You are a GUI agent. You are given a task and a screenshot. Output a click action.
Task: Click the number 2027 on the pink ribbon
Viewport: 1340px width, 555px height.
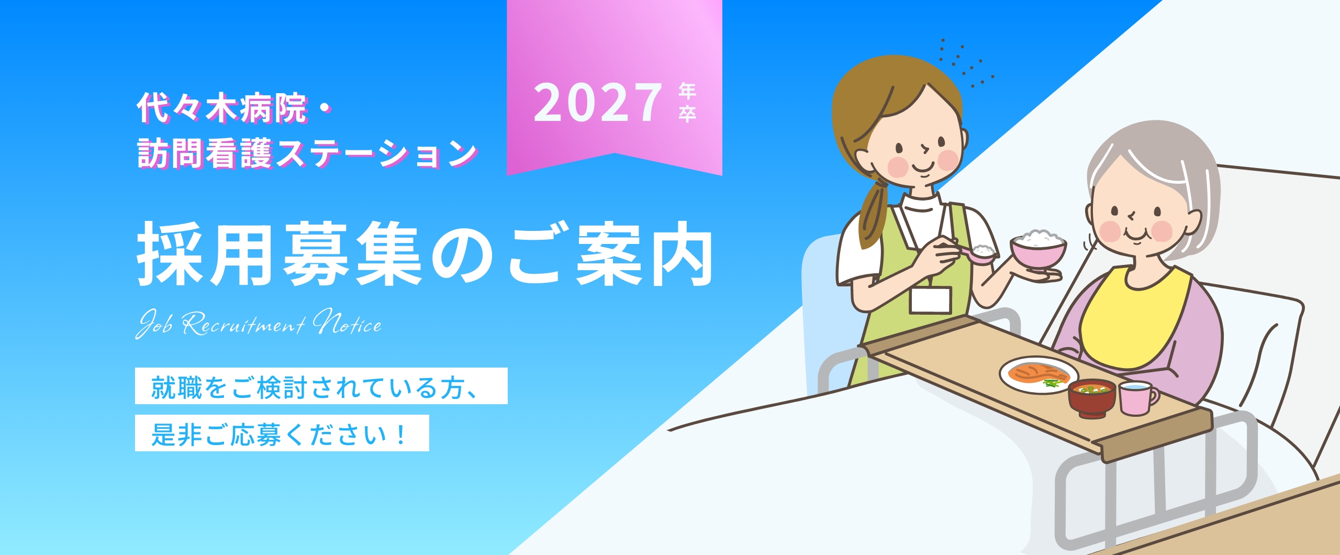[x=598, y=103]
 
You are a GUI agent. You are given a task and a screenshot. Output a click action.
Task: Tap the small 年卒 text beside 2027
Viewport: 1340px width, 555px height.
[x=687, y=103]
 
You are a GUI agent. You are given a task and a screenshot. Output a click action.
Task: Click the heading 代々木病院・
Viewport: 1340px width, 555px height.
[x=234, y=109]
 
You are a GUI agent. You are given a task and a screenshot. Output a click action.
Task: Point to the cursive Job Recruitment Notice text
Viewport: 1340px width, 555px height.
[x=259, y=323]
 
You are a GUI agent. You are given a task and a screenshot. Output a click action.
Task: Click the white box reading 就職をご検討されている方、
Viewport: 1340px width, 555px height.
[x=321, y=386]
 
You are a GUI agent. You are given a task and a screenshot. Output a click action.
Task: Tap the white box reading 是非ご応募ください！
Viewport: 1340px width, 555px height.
[x=282, y=433]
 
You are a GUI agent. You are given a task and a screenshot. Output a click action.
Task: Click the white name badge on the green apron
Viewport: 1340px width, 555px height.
[x=930, y=300]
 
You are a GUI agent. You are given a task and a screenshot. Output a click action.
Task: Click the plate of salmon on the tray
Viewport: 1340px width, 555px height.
[x=1038, y=375]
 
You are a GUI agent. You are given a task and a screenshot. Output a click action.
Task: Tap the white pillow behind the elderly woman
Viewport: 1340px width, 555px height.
[x=1256, y=340]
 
